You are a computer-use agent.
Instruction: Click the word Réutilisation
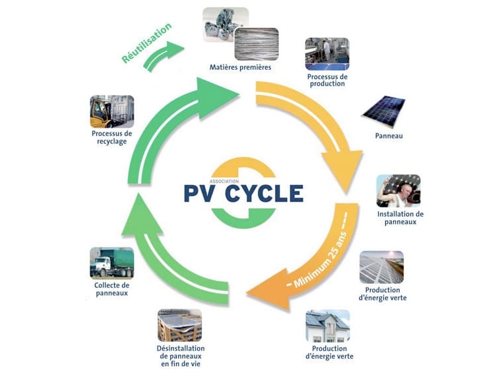click(x=147, y=43)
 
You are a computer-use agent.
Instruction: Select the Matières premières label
click(x=239, y=67)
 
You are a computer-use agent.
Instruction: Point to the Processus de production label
click(x=327, y=80)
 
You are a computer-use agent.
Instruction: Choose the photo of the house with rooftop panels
click(x=327, y=326)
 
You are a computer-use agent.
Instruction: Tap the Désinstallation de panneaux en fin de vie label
click(x=181, y=356)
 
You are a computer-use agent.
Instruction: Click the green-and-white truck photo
click(x=111, y=263)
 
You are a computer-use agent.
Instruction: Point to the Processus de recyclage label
click(x=111, y=137)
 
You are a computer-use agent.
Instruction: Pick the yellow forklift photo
click(x=111, y=111)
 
